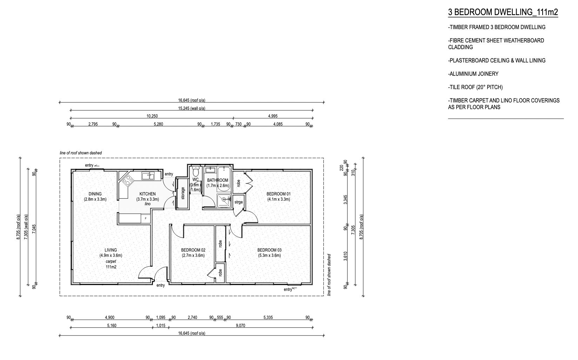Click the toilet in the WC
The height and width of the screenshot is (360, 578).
[196, 171]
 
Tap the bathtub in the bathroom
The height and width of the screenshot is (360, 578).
[224, 179]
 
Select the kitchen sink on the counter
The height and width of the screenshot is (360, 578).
[148, 176]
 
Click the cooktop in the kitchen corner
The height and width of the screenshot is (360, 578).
[127, 180]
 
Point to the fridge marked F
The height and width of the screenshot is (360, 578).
[146, 218]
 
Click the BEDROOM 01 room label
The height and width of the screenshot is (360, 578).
[278, 194]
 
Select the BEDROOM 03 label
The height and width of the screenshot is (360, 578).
[269, 250]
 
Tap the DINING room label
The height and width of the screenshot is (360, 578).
[95, 194]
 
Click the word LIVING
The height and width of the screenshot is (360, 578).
[111, 250]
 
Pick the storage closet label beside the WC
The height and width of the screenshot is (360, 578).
[183, 193]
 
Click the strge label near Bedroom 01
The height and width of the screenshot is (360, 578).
[239, 202]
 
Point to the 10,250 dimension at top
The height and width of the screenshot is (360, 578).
[152, 116]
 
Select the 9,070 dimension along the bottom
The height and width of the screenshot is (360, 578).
[241, 326]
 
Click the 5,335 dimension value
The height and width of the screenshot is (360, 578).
[268, 318]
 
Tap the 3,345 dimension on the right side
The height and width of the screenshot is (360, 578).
[345, 200]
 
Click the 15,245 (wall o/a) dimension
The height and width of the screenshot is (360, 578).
[192, 108]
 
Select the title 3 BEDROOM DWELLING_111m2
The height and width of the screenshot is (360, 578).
[503, 12]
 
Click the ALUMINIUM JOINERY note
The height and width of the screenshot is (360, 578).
[473, 74]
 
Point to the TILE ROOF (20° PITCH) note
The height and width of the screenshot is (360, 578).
[475, 87]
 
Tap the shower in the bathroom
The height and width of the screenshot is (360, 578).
[224, 200]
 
